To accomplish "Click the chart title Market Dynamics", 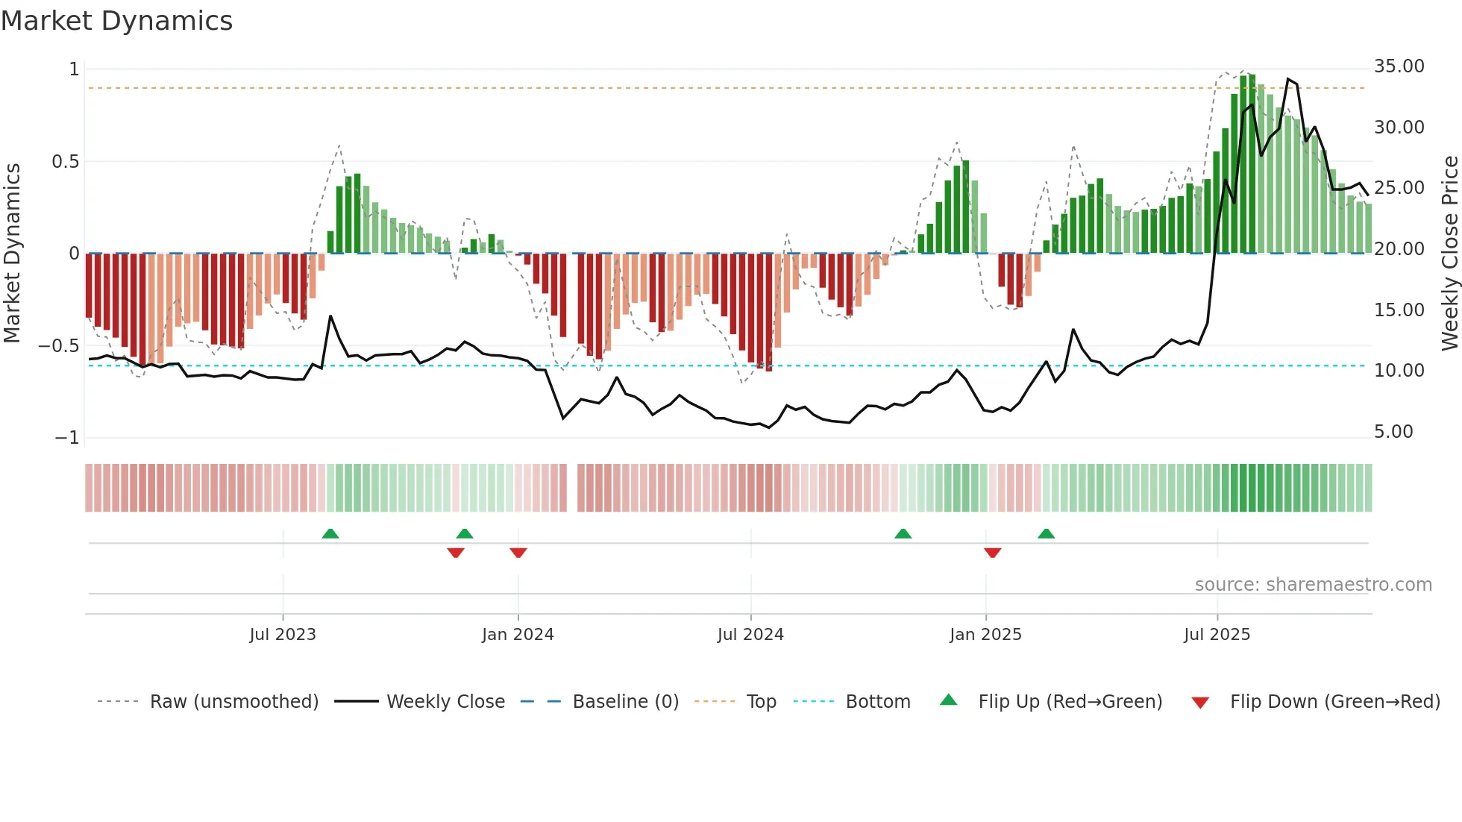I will pyautogui.click(x=116, y=21).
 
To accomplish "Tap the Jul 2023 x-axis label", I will pyautogui.click(x=283, y=635).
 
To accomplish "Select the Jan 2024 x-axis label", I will pyautogui.click(x=518, y=635).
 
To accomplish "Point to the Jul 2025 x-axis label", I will pyautogui.click(x=1217, y=635).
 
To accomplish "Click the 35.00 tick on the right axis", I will pyautogui.click(x=1399, y=66).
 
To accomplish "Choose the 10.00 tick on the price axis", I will pyautogui.click(x=1399, y=371).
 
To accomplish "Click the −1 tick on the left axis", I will pyautogui.click(x=67, y=438).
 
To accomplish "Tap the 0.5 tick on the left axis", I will pyautogui.click(x=65, y=162).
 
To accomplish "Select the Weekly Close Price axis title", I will pyautogui.click(x=1449, y=253).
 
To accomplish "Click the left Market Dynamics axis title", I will pyautogui.click(x=12, y=253).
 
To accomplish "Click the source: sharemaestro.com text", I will pyautogui.click(x=1313, y=585).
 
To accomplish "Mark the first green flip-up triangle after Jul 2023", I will pyautogui.click(x=330, y=533).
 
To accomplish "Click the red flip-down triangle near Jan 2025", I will pyautogui.click(x=992, y=553).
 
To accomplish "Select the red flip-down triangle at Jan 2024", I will pyautogui.click(x=518, y=553).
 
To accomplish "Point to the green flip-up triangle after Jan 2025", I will pyautogui.click(x=1046, y=533).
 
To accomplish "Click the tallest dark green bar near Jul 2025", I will pyautogui.click(x=1252, y=164).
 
